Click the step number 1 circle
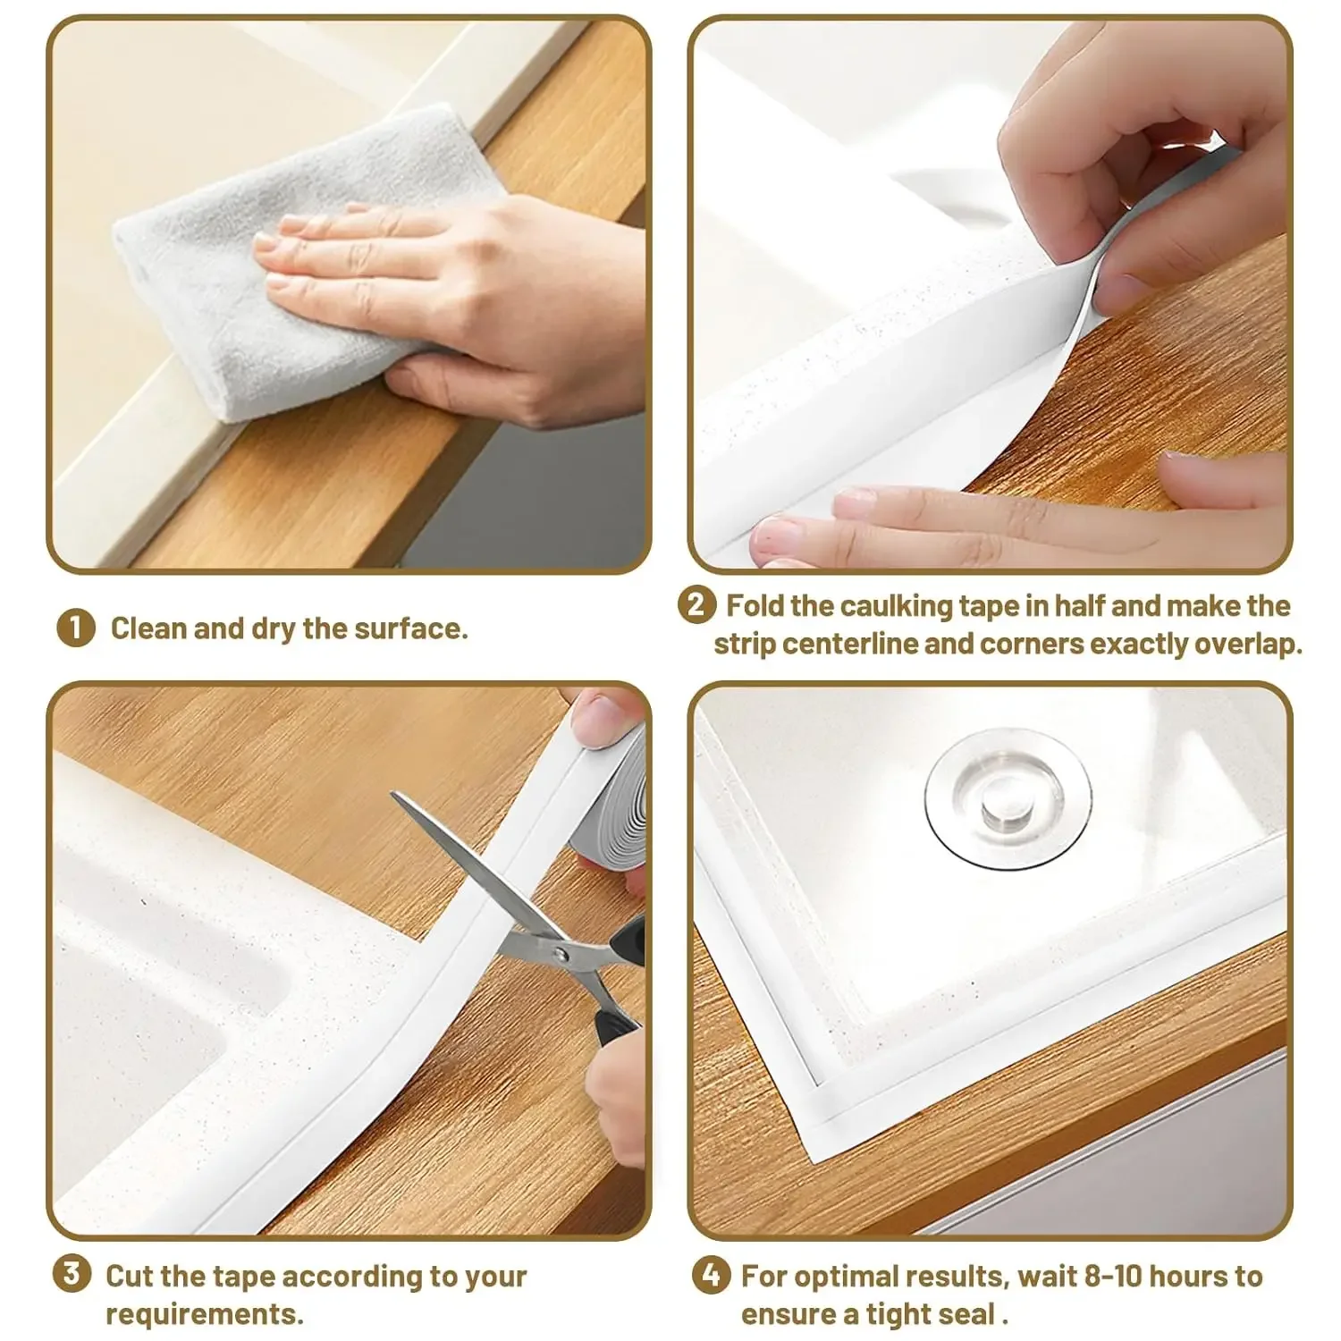click(x=75, y=628)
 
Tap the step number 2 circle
click(x=696, y=605)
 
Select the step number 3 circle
click(x=72, y=1273)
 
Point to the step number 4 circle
click(x=711, y=1275)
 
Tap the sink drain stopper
click(x=1008, y=797)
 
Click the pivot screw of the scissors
click(x=561, y=955)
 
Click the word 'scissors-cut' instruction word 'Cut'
click(x=129, y=1276)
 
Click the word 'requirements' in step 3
click(x=203, y=1314)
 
